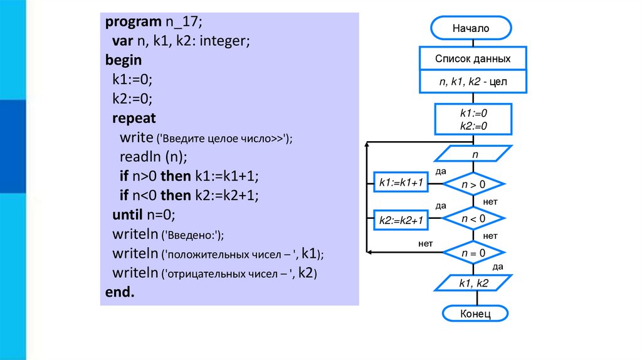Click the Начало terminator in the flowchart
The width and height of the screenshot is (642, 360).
(471, 28)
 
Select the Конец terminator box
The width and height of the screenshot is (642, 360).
(475, 313)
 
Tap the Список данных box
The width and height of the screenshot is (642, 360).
(473, 59)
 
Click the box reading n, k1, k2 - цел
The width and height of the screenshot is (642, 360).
(473, 82)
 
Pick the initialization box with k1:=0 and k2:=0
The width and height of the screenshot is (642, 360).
(474, 119)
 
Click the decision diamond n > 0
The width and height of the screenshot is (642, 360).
(474, 184)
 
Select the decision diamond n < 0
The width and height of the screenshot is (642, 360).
(474, 218)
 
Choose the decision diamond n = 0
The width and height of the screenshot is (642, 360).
(474, 253)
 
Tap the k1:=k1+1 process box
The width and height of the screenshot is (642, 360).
(401, 183)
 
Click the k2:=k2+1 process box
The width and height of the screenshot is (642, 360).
(401, 220)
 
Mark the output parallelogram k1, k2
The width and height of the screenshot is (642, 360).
(473, 283)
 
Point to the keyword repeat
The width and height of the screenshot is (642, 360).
(134, 118)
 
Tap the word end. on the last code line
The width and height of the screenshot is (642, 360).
(120, 292)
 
